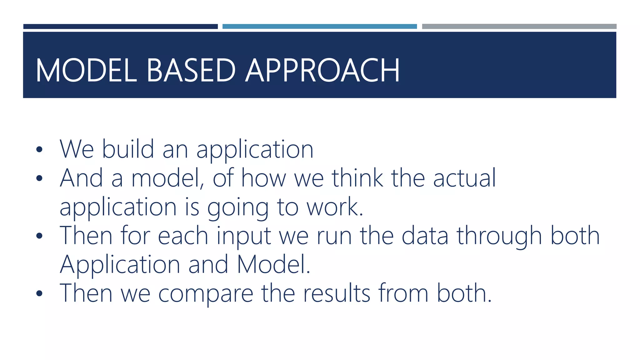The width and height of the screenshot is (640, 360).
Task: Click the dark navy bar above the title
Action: click(x=120, y=27)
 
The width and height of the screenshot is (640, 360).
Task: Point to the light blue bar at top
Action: click(x=319, y=27)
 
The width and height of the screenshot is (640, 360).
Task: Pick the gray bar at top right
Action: click(x=519, y=27)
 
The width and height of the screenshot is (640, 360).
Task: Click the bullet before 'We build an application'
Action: click(x=39, y=149)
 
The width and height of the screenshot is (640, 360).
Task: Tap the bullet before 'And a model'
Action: click(x=39, y=178)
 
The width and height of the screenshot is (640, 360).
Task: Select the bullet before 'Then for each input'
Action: click(x=39, y=236)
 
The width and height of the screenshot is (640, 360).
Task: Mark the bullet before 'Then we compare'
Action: click(x=39, y=293)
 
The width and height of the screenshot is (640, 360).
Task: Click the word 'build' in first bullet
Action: click(x=128, y=149)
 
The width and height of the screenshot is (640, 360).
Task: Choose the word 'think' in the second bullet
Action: click(x=357, y=178)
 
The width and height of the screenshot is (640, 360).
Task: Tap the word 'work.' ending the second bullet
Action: click(x=335, y=207)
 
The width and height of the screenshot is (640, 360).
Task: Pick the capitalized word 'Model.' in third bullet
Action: click(x=273, y=264)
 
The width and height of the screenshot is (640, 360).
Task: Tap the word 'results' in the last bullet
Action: click(x=337, y=293)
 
